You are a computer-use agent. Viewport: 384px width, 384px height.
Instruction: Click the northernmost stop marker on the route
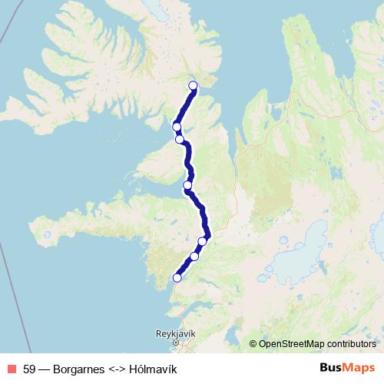pos(193,85)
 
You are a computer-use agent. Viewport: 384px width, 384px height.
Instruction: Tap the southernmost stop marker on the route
pos(177,278)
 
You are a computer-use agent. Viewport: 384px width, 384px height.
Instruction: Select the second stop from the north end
pos(177,127)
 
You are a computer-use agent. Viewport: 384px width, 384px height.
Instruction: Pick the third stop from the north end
pos(180,139)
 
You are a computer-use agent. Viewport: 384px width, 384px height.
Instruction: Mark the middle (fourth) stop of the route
pos(187,185)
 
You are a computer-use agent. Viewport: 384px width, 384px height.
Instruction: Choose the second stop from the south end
pos(194,257)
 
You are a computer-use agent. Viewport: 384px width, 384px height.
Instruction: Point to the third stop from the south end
pos(203,241)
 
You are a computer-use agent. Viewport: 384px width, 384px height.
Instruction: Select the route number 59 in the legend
pos(30,369)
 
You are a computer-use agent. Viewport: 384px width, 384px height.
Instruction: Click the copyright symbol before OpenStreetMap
pos(253,343)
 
